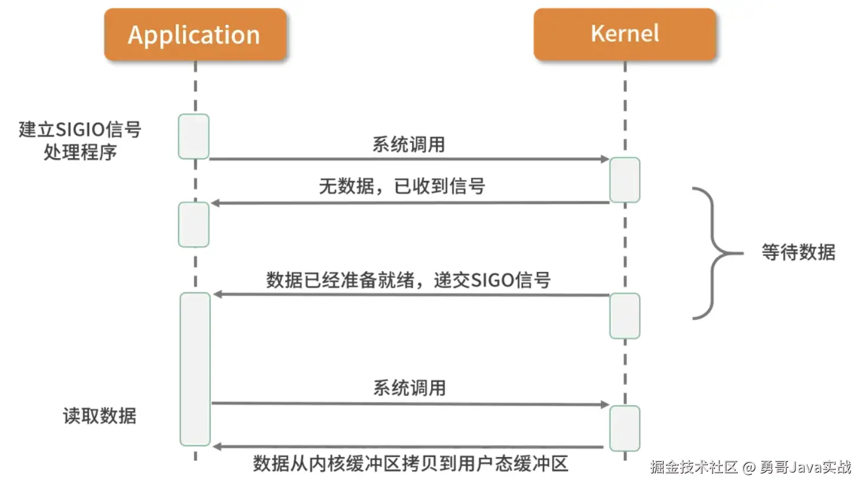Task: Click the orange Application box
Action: [x=195, y=35]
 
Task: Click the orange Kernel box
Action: [x=624, y=34]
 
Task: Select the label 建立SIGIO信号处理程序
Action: [x=80, y=141]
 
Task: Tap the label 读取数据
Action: [x=100, y=416]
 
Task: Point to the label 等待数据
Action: [x=798, y=252]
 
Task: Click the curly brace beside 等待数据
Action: [x=712, y=253]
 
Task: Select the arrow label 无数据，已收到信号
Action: [x=402, y=187]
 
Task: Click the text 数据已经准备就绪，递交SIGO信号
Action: [x=408, y=280]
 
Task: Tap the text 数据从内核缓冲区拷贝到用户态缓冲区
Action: [x=410, y=464]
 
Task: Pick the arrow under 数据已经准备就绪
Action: [x=410, y=294]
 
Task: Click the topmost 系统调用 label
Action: [x=409, y=145]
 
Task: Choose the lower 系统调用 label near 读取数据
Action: [x=410, y=388]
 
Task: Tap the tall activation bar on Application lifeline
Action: [x=195, y=369]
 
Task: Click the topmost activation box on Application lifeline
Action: [x=194, y=137]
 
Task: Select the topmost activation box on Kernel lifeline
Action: [x=625, y=180]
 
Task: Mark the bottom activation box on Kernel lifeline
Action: [x=625, y=428]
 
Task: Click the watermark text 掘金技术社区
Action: [x=694, y=467]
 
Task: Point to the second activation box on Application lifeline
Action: [x=194, y=225]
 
